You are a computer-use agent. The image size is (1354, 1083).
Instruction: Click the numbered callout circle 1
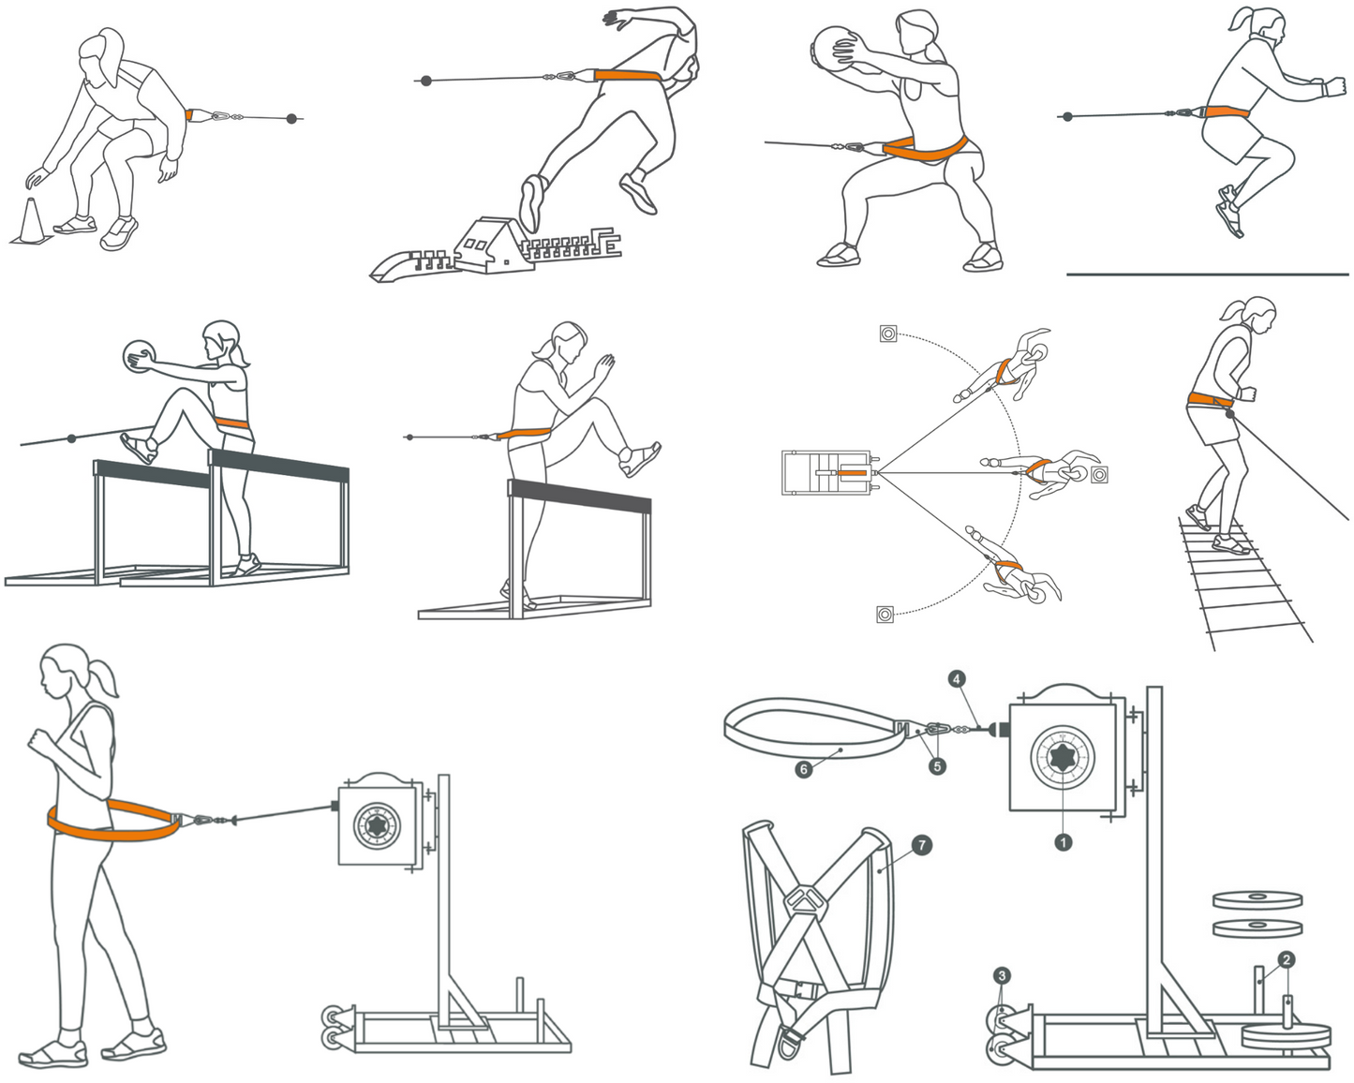coord(1064,842)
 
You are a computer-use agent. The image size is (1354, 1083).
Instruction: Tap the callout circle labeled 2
coord(1287,959)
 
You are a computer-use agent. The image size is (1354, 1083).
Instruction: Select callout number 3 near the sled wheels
coord(1003,976)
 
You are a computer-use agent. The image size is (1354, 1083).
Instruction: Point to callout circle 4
coord(957,679)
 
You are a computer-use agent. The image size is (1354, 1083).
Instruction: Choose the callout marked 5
coord(937,766)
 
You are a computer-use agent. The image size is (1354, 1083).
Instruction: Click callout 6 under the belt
coord(803,769)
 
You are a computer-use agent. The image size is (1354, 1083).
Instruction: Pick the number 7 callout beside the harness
coord(922,845)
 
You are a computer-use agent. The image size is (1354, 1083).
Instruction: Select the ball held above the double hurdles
coord(140,357)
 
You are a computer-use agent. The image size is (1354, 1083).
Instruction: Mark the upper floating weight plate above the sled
coord(1257,900)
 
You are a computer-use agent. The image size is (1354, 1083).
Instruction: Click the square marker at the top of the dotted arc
coord(888,334)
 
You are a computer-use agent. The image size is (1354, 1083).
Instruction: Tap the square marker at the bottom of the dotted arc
coord(885,615)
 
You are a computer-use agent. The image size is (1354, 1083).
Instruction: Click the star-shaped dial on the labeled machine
coord(1062,756)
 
